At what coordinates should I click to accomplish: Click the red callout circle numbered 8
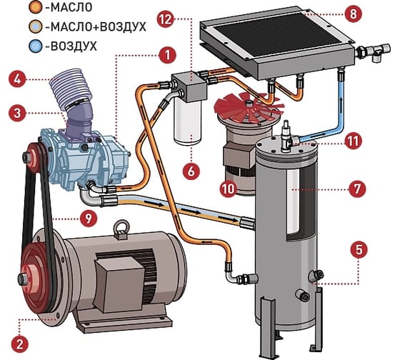tap(353, 14)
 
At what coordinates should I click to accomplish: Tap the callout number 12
tap(166, 19)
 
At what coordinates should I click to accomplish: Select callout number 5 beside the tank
tap(359, 249)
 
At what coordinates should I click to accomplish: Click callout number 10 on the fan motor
tap(229, 189)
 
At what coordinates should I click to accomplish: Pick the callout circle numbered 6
tap(191, 171)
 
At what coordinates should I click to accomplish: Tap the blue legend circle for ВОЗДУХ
tap(36, 46)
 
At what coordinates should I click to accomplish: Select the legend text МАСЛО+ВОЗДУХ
tap(96, 27)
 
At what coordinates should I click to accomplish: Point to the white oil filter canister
tap(187, 122)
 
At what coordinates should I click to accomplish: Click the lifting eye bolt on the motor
tap(121, 229)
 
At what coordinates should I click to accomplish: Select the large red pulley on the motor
tap(36, 278)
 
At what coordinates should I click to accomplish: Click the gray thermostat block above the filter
tap(189, 86)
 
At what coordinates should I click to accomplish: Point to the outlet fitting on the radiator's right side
tap(372, 52)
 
